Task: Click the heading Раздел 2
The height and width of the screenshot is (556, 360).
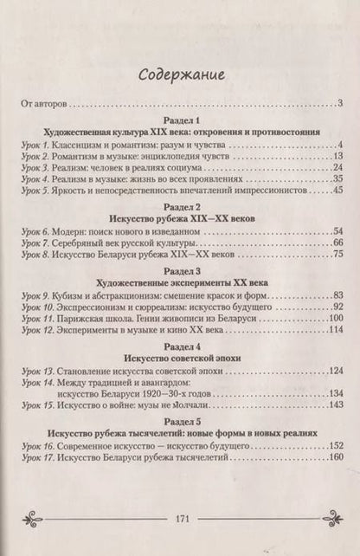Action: coord(181,207)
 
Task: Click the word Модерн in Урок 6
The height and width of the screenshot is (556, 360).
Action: coord(74,232)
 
